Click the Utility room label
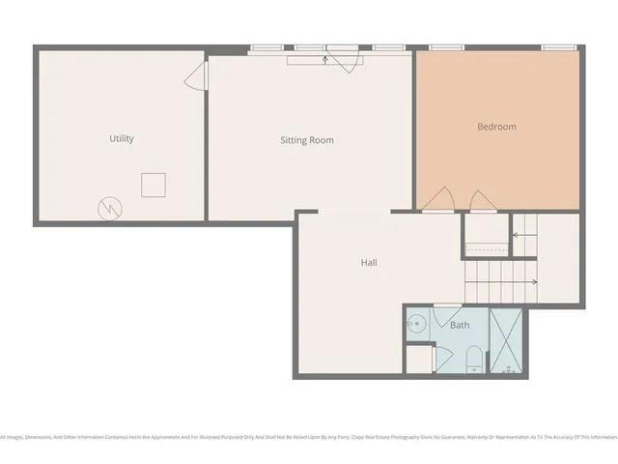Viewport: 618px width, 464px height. pos(122,138)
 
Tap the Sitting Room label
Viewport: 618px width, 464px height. pos(307,140)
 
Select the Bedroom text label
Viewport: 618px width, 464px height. pos(496,127)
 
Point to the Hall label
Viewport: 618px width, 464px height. pos(369,262)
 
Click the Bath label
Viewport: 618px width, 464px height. pos(460,325)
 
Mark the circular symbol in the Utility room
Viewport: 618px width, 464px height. pos(109,207)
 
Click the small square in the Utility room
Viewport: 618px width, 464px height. pos(154,184)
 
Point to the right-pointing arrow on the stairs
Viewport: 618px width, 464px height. pos(532,282)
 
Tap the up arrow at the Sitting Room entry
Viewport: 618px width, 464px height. pos(325,59)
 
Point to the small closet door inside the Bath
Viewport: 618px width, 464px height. pos(444,356)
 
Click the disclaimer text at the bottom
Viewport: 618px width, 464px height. pos(309,437)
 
